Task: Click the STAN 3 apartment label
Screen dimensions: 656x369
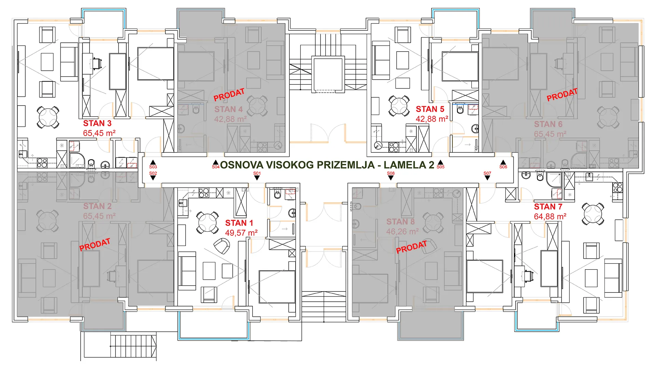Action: point(97,123)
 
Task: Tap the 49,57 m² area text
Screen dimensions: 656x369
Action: point(241,233)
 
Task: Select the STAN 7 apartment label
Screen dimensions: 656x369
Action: point(548,207)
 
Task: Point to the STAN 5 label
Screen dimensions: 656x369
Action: point(430,109)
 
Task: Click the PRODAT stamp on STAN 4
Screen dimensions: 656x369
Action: point(229,95)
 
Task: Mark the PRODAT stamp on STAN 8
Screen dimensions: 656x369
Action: point(411,247)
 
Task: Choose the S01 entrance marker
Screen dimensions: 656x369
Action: point(257,176)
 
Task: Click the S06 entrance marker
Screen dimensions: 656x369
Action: point(503,165)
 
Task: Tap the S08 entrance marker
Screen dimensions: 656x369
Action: point(391,176)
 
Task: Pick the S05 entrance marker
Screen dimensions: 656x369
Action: point(441,165)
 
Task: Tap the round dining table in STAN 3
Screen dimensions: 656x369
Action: point(48,117)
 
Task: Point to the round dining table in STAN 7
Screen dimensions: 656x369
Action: point(593,214)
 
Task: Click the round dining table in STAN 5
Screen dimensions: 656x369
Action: point(399,106)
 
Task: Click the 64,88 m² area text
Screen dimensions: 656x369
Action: point(550,217)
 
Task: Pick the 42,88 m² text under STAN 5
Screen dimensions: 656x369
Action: point(432,119)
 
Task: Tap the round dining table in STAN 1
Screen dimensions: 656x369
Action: point(207,222)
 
